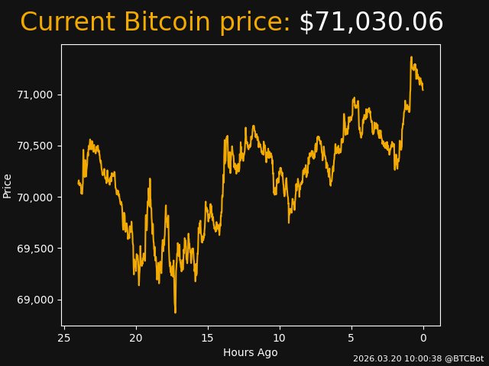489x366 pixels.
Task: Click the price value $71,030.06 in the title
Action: (x=371, y=22)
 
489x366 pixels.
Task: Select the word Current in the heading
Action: (x=67, y=22)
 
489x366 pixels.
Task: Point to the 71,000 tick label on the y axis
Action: (x=34, y=95)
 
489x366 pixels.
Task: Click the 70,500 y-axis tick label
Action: (x=34, y=146)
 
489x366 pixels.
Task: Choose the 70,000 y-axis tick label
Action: (x=34, y=197)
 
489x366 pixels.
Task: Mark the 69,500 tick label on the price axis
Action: (x=34, y=249)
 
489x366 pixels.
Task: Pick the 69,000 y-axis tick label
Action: (x=34, y=300)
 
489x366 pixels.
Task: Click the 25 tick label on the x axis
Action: (x=64, y=338)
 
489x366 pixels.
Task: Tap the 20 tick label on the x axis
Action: (x=136, y=338)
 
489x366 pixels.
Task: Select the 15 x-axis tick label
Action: (x=208, y=338)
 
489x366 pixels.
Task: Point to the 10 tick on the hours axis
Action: (x=280, y=338)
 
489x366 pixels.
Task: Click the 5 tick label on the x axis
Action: (x=351, y=338)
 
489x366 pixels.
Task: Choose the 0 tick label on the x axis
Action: (x=423, y=338)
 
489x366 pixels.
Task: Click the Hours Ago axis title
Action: (x=251, y=352)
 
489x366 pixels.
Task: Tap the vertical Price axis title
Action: (x=8, y=185)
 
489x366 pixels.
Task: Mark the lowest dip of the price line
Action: (x=175, y=312)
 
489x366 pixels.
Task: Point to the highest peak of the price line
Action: (x=411, y=57)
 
